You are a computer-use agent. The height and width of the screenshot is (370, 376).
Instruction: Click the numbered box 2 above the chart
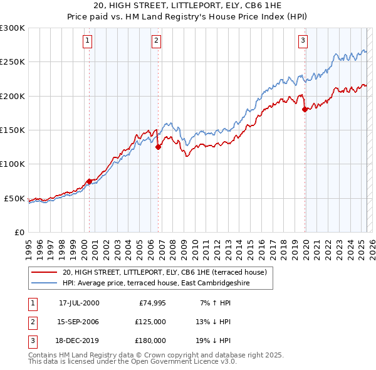(x=155, y=41)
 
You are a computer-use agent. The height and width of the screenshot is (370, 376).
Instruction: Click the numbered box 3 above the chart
(x=303, y=41)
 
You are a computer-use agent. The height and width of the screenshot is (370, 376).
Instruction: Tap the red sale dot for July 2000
(x=89, y=181)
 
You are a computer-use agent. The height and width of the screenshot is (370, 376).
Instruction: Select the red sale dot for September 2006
(x=158, y=147)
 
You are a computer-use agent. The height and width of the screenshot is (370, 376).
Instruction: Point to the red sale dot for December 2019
(x=305, y=110)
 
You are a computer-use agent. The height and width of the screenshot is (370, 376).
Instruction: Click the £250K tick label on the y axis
(x=13, y=62)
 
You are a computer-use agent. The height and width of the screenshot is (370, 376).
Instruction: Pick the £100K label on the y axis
(x=13, y=164)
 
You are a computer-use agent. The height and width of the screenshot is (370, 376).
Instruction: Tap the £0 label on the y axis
(x=18, y=232)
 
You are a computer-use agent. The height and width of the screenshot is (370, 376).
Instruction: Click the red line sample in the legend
(x=44, y=272)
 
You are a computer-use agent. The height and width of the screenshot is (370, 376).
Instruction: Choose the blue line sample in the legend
(x=44, y=283)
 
